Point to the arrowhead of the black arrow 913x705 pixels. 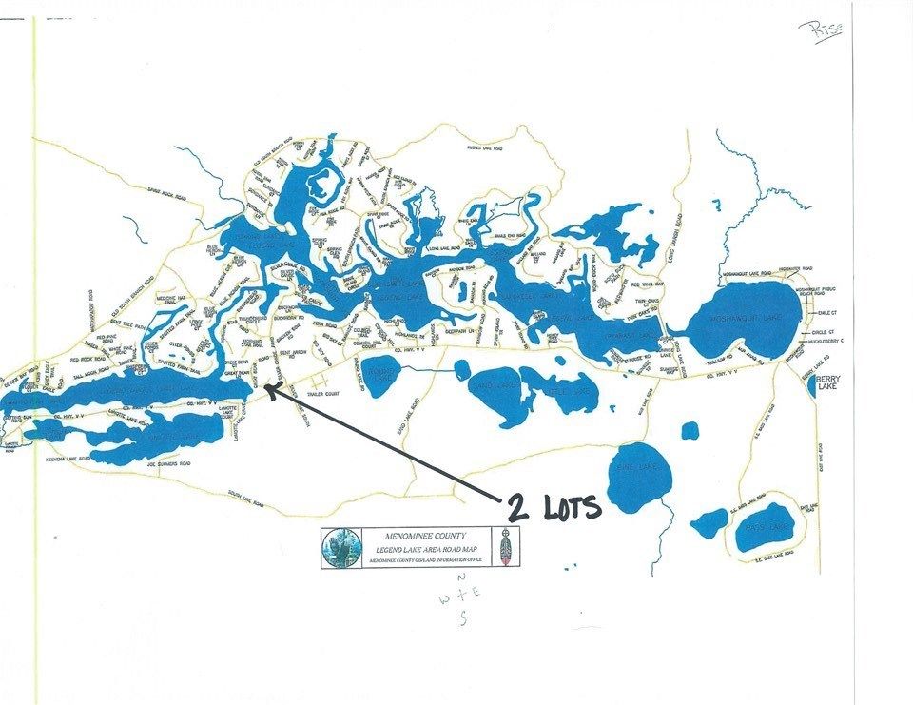267,386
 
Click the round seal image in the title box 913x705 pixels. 340,549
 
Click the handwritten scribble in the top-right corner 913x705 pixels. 824,26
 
